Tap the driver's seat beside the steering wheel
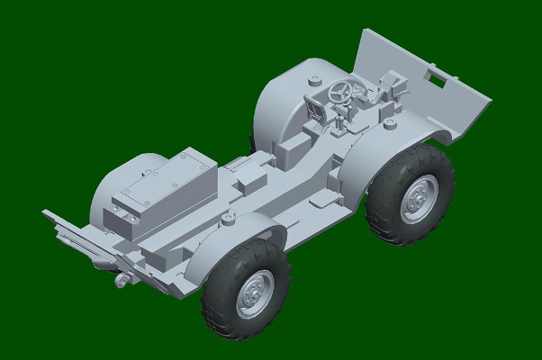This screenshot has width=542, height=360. point(318,108)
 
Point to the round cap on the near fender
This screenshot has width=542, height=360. point(230,220)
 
